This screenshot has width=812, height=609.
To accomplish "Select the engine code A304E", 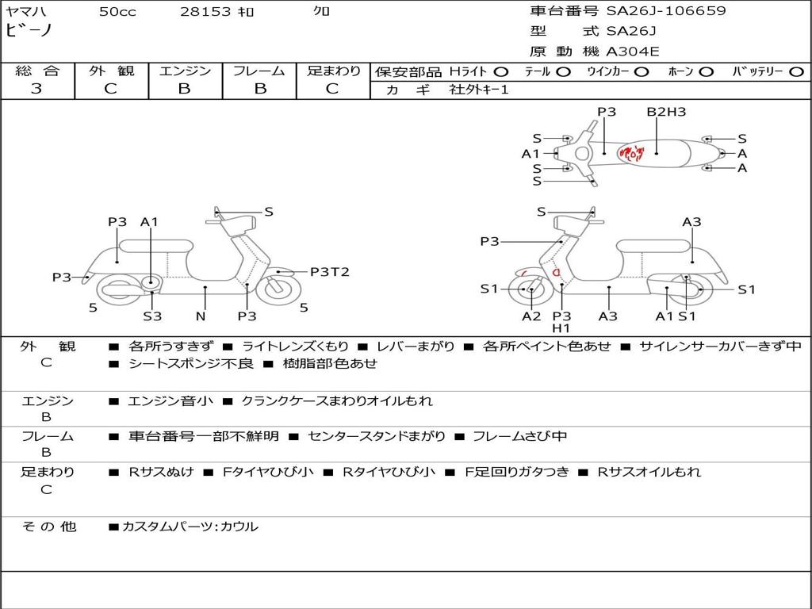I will (633, 52).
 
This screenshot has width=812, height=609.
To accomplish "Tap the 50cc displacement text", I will (117, 12).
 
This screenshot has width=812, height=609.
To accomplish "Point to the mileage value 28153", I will (205, 12).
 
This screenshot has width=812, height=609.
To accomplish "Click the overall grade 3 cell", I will (36, 89).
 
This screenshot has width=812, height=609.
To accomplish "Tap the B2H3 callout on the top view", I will (666, 112).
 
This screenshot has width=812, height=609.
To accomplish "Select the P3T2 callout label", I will (329, 272).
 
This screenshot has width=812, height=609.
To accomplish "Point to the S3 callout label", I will (152, 316).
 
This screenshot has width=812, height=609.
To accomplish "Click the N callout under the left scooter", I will (201, 316).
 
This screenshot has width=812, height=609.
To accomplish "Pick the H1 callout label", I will (561, 328).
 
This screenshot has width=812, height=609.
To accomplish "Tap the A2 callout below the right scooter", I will (531, 316).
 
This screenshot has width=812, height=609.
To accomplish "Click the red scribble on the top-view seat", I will (632, 152).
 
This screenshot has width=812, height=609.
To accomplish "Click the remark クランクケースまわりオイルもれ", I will (337, 401).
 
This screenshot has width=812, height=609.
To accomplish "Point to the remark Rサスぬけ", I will (162, 472).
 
